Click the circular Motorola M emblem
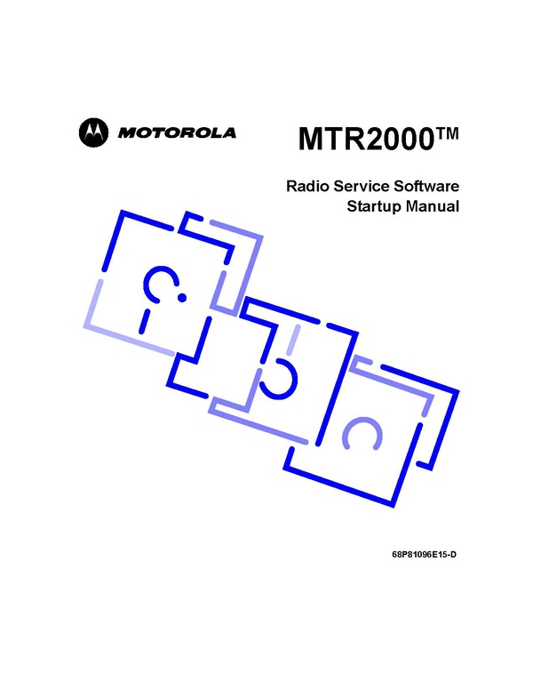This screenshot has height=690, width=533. [x=93, y=132]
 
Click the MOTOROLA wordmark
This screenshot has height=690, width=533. [x=177, y=132]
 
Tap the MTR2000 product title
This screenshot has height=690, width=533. [x=363, y=139]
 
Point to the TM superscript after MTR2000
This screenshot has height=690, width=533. [x=444, y=132]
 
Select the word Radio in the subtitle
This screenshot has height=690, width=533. [x=307, y=186]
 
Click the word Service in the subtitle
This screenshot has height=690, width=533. [x=361, y=186]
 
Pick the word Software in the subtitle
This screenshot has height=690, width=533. [x=426, y=186]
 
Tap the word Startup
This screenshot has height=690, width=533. [x=375, y=206]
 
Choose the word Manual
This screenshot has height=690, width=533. [x=433, y=206]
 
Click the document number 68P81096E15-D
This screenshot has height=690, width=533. [x=424, y=555]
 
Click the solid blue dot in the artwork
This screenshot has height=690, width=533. [x=181, y=298]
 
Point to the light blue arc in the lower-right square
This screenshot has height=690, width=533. [x=362, y=432]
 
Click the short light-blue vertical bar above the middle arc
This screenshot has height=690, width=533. [x=293, y=340]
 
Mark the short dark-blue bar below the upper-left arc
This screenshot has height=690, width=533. [x=145, y=321]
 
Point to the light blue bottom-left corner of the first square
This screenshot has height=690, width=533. [x=86, y=325]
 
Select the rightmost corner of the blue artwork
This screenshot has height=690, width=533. [x=457, y=390]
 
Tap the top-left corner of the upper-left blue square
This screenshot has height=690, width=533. [x=122, y=213]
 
